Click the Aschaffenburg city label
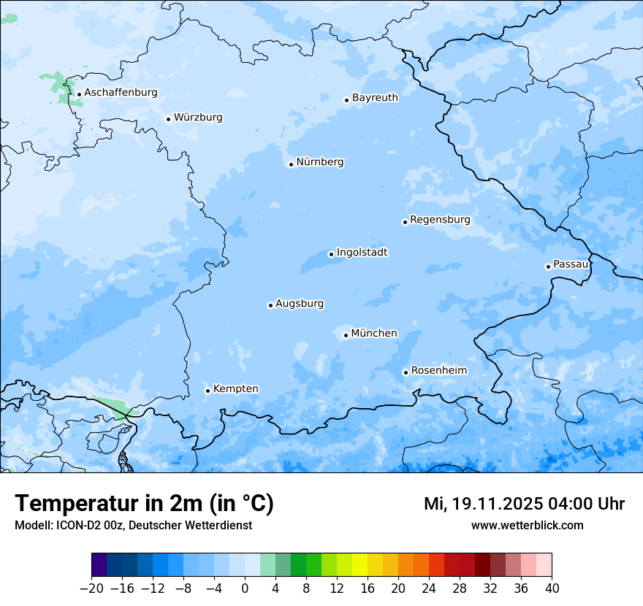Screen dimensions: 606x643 coord(121,93)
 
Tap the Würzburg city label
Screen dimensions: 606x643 coord(198,118)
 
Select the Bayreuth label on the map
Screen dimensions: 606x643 coord(375,98)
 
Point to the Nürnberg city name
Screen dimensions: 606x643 coord(319,162)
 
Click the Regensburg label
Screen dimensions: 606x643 coord(440,220)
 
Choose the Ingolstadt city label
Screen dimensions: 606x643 coord(362,253)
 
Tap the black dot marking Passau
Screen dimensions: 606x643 coord(548,266)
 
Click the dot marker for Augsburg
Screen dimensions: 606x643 coord(270,305)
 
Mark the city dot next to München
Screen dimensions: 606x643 coord(346,335)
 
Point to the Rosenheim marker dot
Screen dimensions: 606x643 coord(406,372)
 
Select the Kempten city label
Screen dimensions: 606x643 coord(235,389)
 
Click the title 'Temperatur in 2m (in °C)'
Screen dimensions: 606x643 coord(144,504)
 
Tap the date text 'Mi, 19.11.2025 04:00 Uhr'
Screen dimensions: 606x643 coord(524,504)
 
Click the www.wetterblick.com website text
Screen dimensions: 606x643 coord(527,526)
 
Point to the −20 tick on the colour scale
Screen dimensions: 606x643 coord(92,588)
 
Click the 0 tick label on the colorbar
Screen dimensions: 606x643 coord(245,588)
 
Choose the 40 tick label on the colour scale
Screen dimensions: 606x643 coord(552,588)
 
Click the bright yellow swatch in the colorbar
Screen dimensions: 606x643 coord(359,565)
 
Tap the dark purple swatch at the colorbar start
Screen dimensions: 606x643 coord(99,565)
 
